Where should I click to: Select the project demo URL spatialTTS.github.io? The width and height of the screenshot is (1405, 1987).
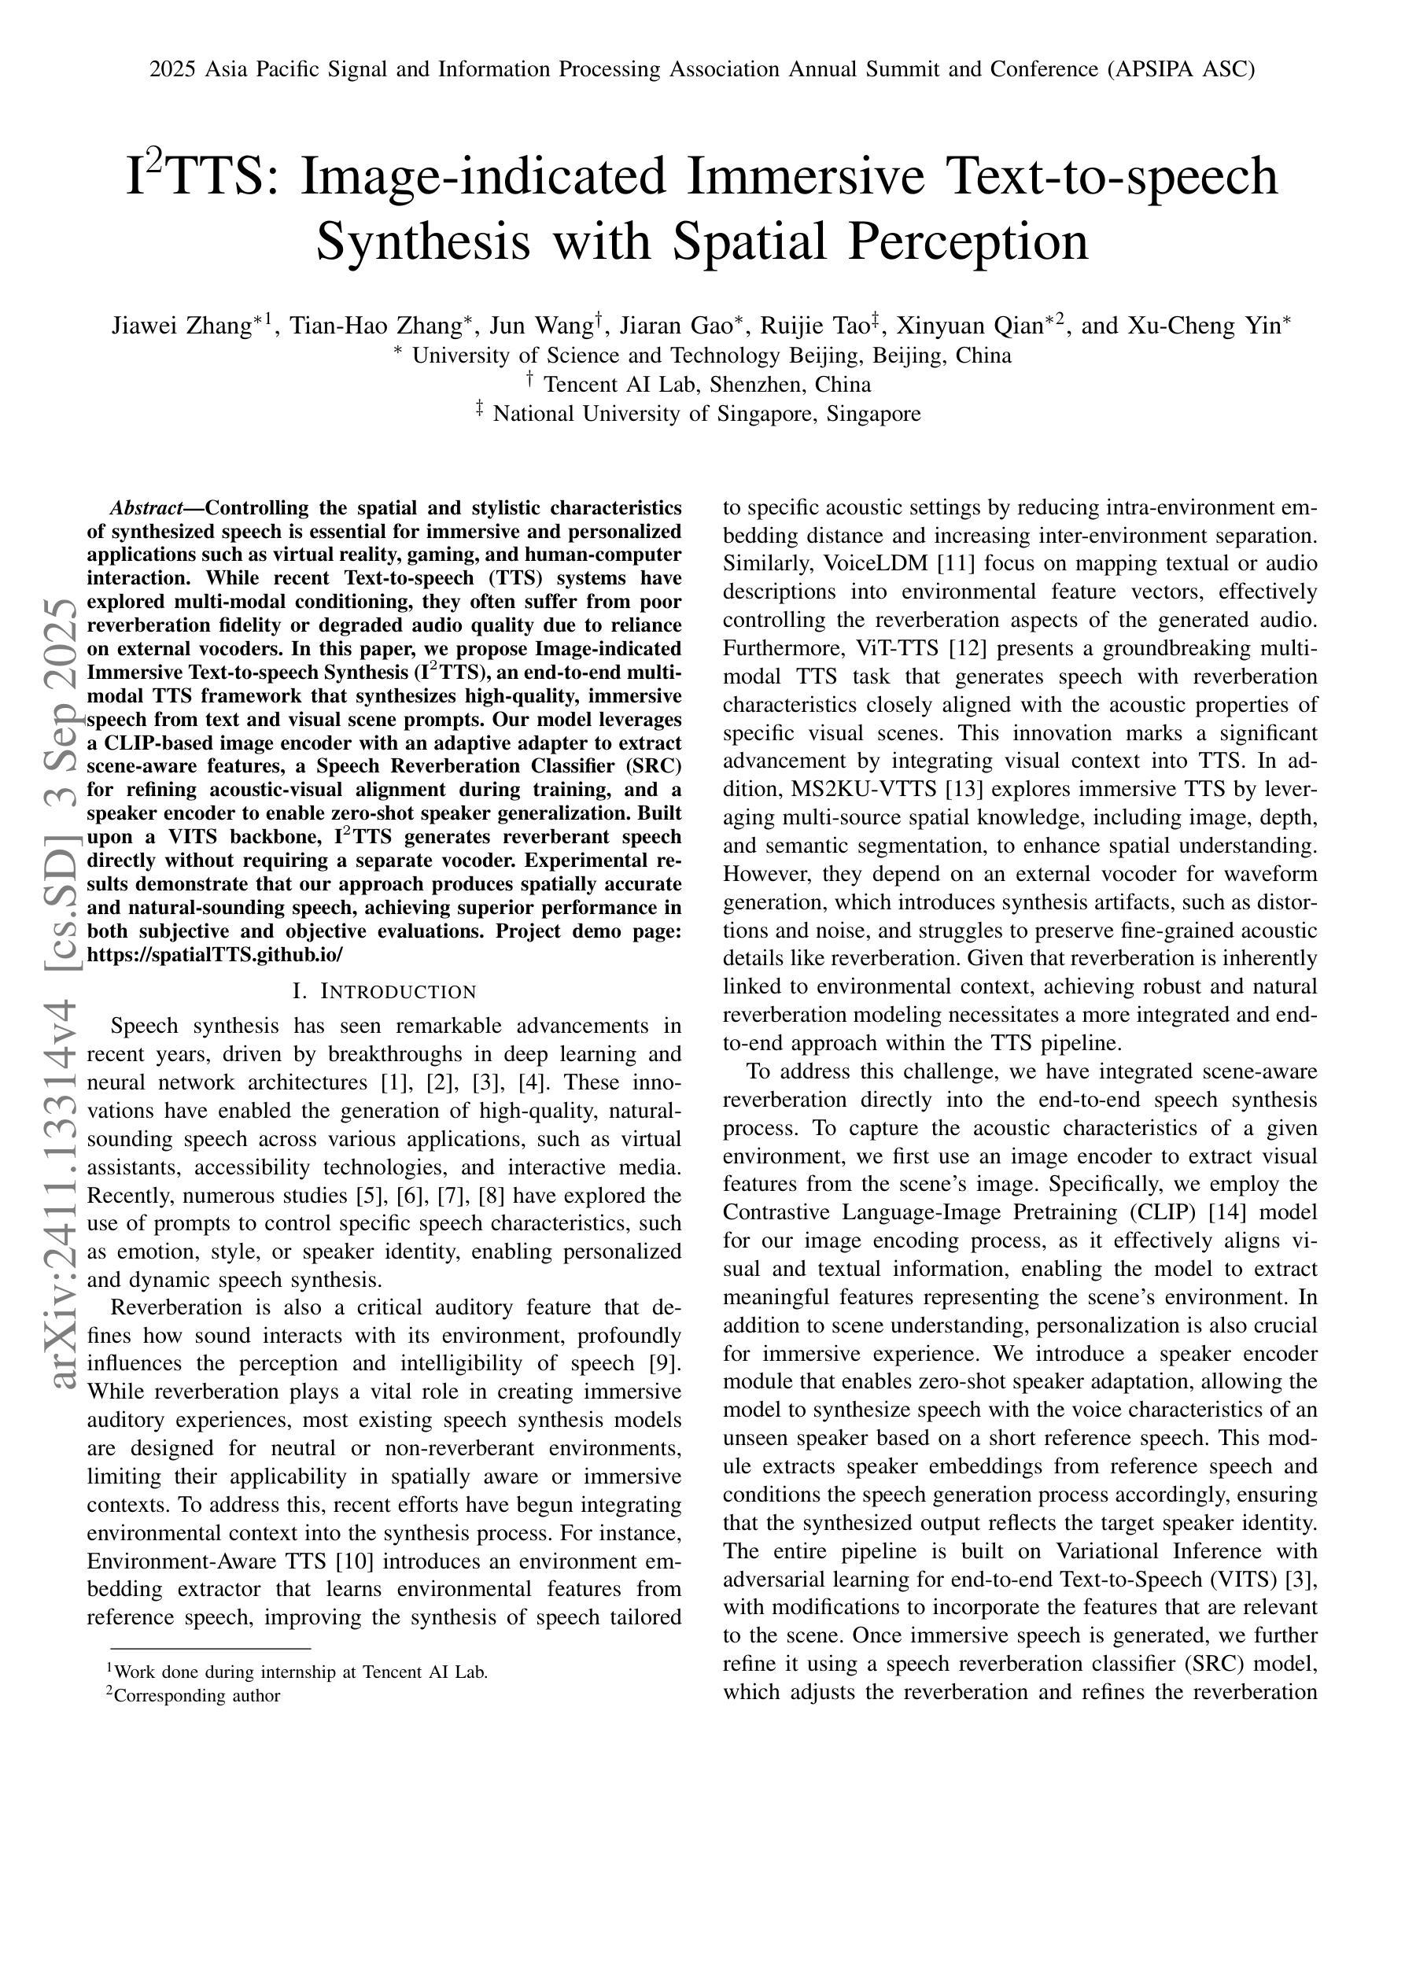216,954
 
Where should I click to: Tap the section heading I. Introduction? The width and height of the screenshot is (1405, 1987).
385,992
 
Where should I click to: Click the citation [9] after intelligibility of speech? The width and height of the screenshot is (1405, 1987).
664,1363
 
